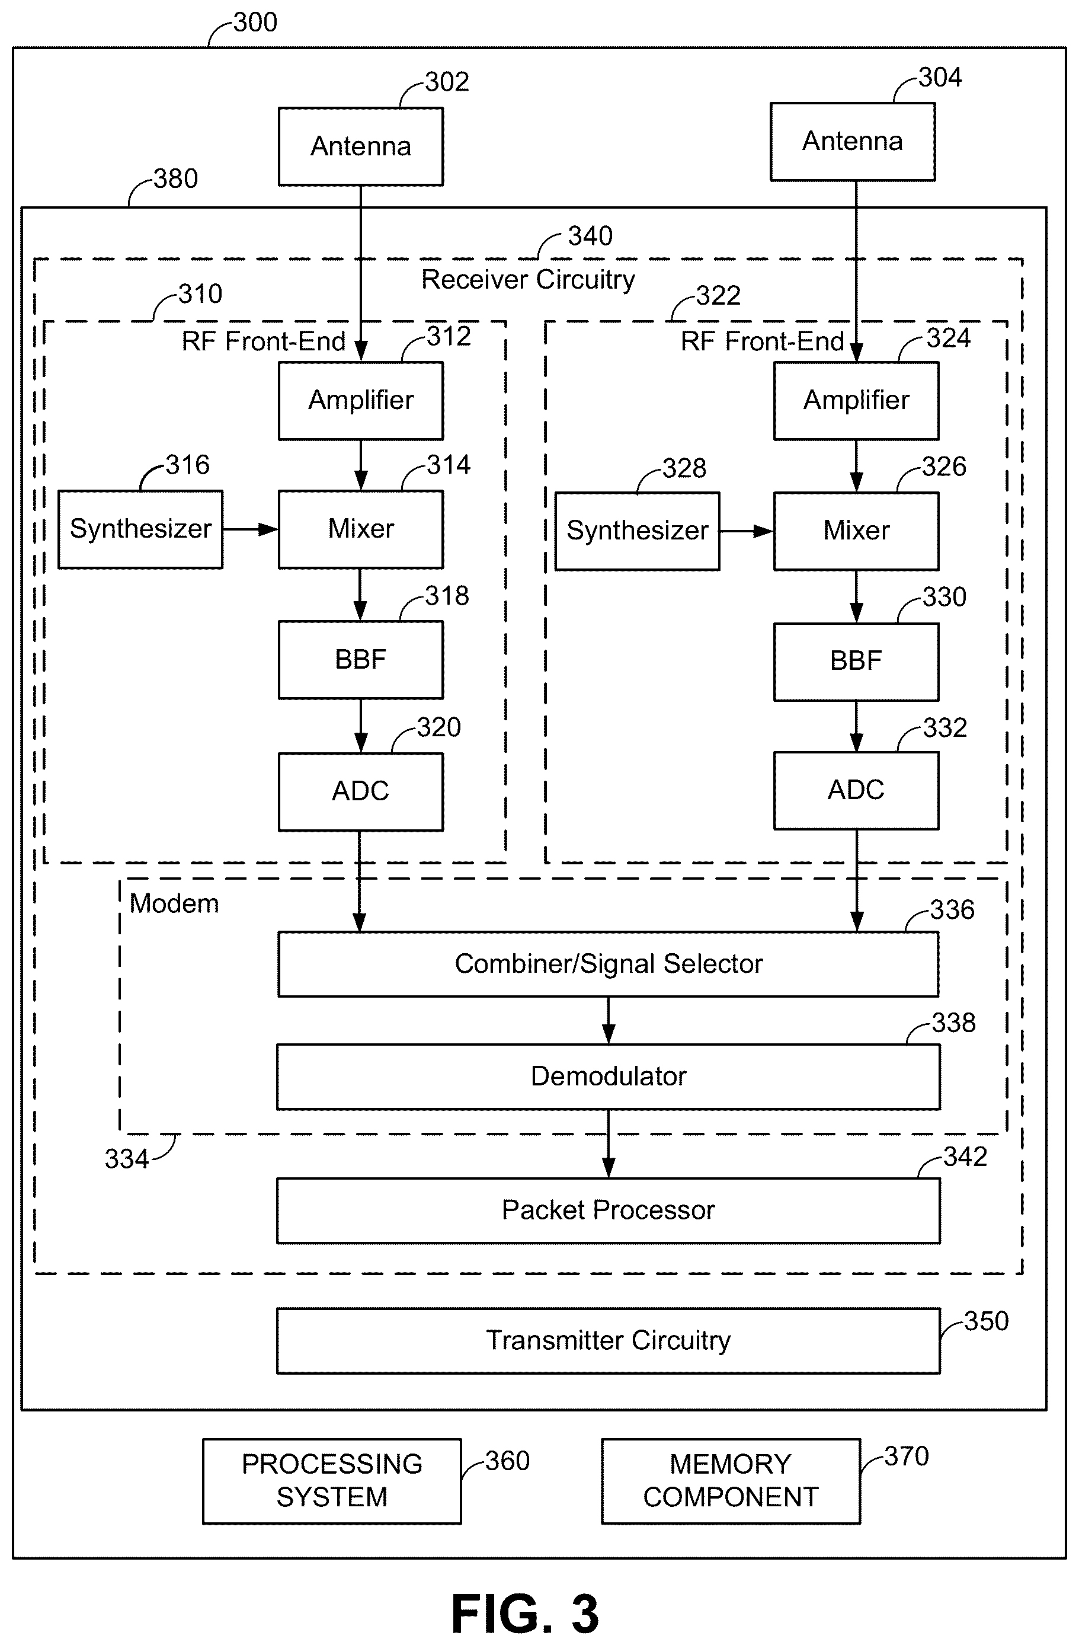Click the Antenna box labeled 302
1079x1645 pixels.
click(x=361, y=146)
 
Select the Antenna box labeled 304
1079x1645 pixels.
click(x=853, y=142)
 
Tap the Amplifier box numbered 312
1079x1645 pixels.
click(x=361, y=401)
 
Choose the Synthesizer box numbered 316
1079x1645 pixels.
click(x=140, y=529)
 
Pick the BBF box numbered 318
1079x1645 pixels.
click(x=361, y=659)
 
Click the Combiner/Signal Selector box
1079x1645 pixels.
click(x=609, y=964)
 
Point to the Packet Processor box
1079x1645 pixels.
click(x=609, y=1210)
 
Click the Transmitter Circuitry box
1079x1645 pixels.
click(x=609, y=1340)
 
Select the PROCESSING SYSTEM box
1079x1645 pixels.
click(x=332, y=1481)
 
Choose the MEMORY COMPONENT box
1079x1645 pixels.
click(x=731, y=1481)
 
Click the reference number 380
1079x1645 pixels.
click(x=175, y=179)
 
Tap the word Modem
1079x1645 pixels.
click(x=174, y=903)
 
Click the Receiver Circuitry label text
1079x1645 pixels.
click(x=529, y=279)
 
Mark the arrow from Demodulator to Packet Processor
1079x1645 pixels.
click(x=609, y=1144)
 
